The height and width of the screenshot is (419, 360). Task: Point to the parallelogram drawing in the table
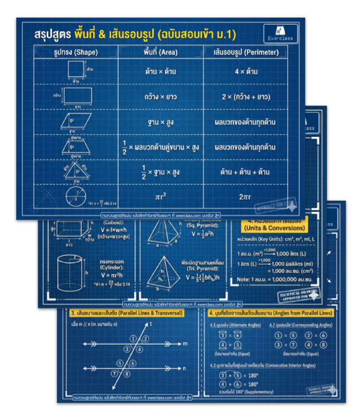pyautogui.click(x=75, y=121)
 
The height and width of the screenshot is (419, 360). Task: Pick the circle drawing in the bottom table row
pyautogui.click(x=75, y=196)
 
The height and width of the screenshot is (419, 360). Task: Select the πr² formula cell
pyautogui.click(x=160, y=196)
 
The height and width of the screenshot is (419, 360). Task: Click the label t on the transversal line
pyautogui.click(x=152, y=324)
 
